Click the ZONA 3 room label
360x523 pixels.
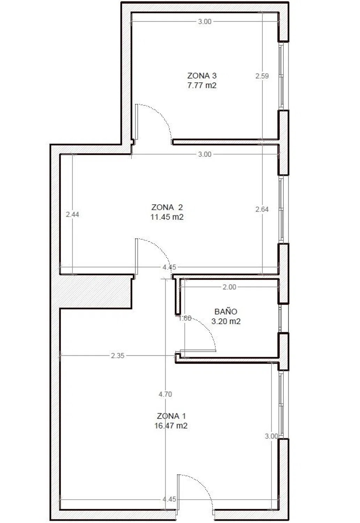[x=202, y=76]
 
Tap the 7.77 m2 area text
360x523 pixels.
[x=202, y=85]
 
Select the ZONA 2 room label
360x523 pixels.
[x=167, y=207]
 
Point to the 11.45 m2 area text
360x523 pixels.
[x=167, y=217]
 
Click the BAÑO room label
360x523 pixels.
[x=225, y=311]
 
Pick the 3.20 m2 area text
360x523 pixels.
[x=225, y=321]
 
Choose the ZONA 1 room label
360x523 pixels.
[x=171, y=416]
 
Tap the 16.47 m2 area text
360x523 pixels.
[x=171, y=426]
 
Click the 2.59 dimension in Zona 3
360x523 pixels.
[x=262, y=76]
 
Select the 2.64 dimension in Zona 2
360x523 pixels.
[x=262, y=209]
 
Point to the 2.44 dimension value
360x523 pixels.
[x=72, y=214]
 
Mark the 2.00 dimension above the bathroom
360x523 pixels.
[x=229, y=287]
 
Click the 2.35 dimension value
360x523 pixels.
[x=117, y=356]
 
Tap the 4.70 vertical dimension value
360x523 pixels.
[x=165, y=394]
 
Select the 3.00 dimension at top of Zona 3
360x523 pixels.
[x=205, y=22]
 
